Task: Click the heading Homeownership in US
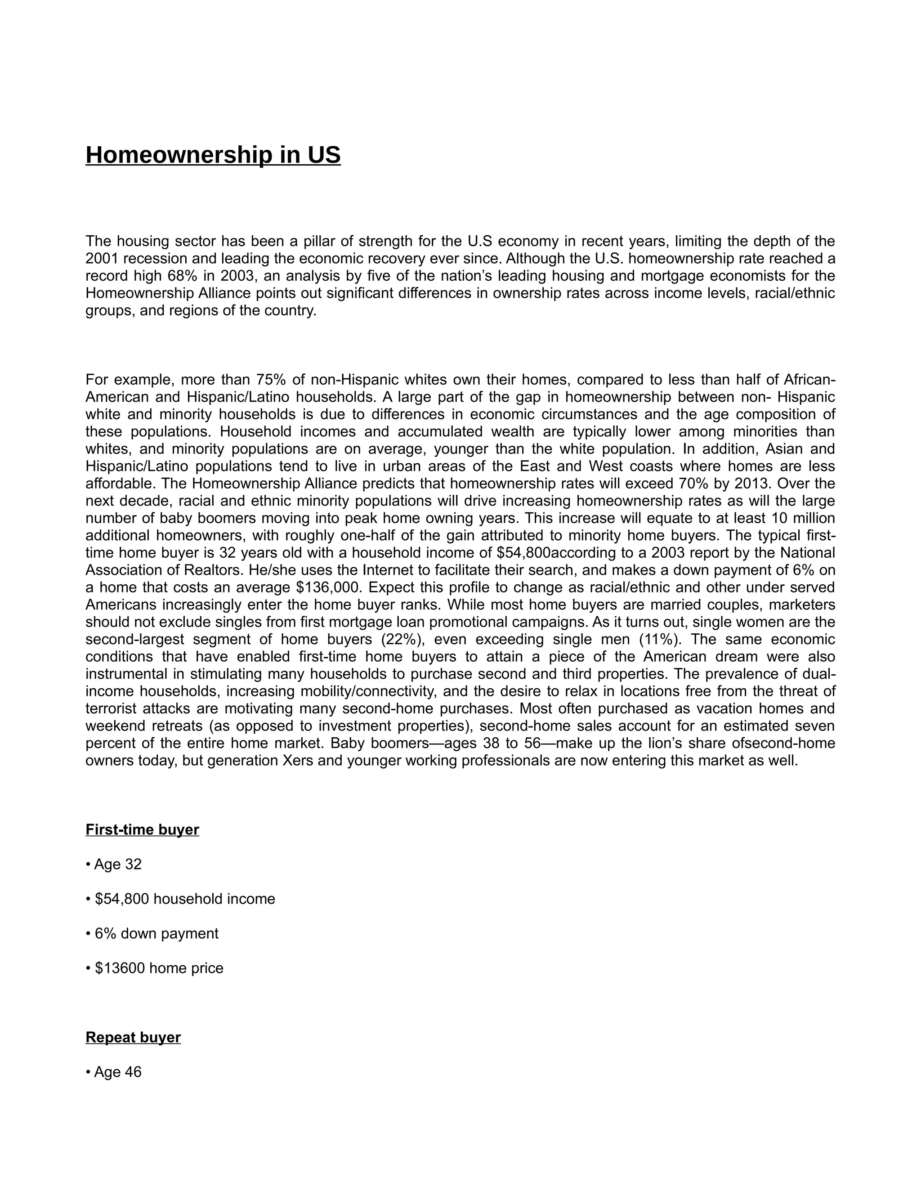click(213, 156)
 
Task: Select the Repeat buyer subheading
click(133, 1037)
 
